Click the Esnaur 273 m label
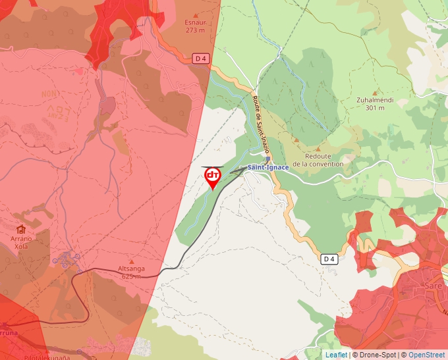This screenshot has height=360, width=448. pyautogui.click(x=194, y=26)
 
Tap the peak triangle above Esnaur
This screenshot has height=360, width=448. pyautogui.click(x=194, y=15)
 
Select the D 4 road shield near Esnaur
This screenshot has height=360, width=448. pyautogui.click(x=201, y=59)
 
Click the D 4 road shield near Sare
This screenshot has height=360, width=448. pyautogui.click(x=329, y=259)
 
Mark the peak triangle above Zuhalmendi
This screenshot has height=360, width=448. pyautogui.click(x=376, y=93)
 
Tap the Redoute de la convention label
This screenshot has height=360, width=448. pyautogui.click(x=318, y=160)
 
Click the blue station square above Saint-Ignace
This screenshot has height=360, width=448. pyautogui.click(x=267, y=159)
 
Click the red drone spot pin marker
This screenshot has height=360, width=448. pyautogui.click(x=213, y=177)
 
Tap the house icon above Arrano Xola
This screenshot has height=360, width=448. pyautogui.click(x=22, y=229)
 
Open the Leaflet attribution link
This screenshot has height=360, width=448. pyautogui.click(x=335, y=355)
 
